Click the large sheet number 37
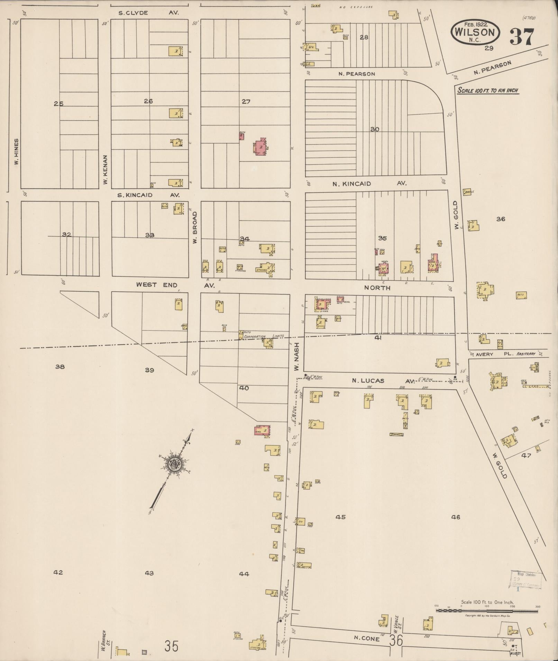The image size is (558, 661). pos(522,37)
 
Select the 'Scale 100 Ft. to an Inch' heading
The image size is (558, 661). pos(487,91)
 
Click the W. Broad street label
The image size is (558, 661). pos(195,228)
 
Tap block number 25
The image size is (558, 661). pos(59,103)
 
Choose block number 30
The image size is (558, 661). pos(375,129)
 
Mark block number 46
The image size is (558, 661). pos(456,517)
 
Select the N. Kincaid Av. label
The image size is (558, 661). pos(369,184)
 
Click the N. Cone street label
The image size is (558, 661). pos(367,639)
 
